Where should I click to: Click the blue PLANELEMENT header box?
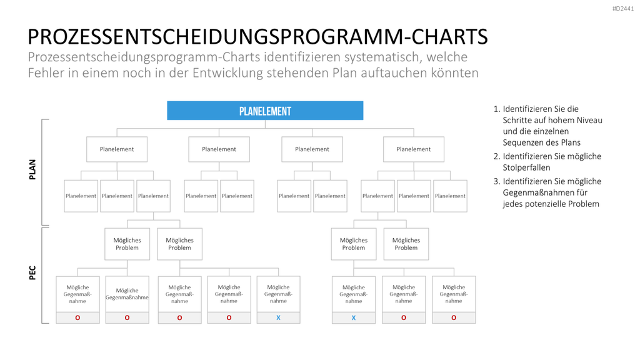265,111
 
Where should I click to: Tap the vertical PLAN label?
32,169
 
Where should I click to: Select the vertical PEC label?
32,272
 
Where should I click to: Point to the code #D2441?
623,9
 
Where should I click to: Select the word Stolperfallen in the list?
526,167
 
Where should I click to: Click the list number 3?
496,181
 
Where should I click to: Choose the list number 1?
496,109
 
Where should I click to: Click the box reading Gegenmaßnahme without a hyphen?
127,294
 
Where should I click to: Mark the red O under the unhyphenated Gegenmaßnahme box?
127,317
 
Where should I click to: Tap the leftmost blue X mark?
278,317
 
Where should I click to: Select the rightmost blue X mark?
354,317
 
